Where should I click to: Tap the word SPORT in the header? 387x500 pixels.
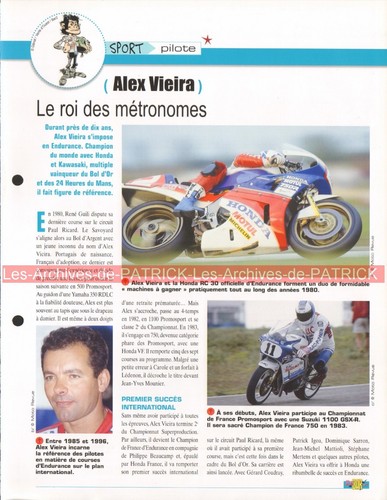pos(128,47)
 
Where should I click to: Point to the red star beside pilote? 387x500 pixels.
pos(207,40)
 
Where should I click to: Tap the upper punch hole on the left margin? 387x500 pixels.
pos(16,181)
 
